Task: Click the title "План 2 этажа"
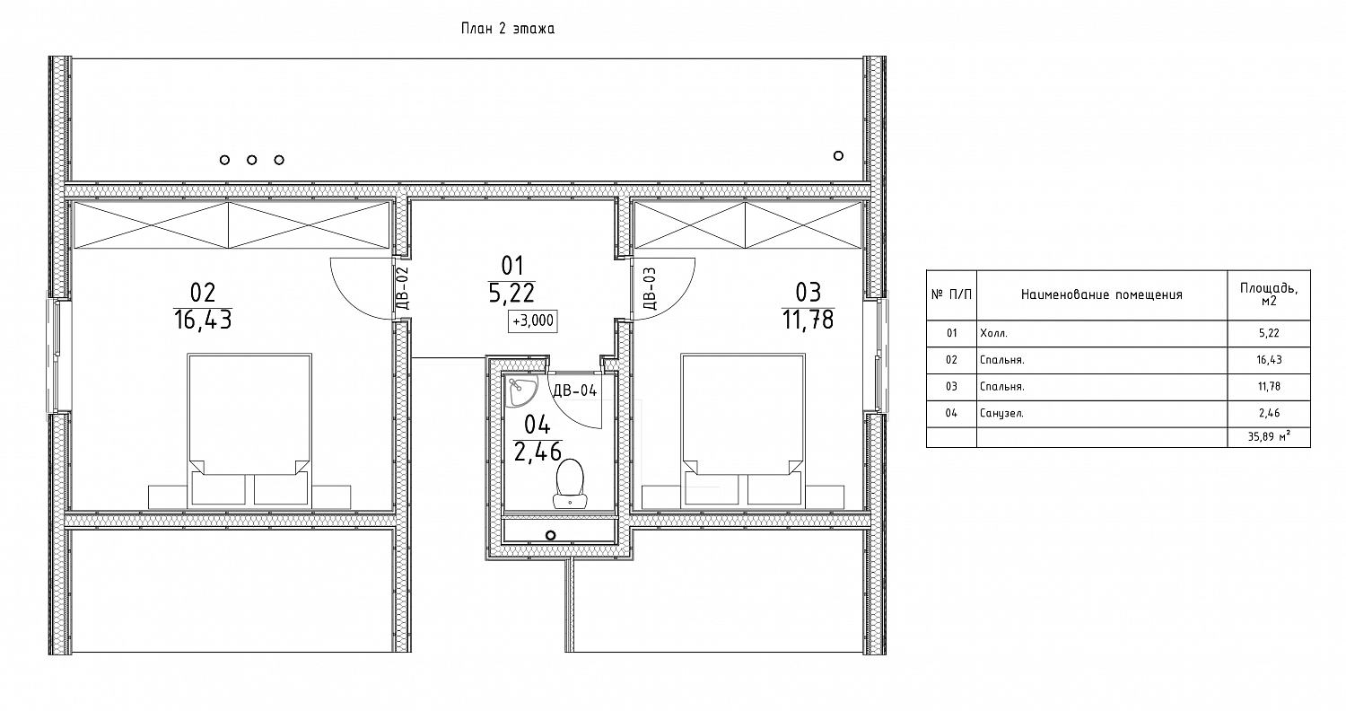click(507, 28)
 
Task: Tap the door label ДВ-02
click(403, 288)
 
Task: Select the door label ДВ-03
click(650, 288)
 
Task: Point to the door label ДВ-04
click(575, 391)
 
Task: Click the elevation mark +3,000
click(532, 321)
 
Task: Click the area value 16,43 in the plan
click(203, 320)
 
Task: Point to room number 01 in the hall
click(512, 266)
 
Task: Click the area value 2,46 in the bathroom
click(538, 452)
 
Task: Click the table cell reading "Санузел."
click(1001, 414)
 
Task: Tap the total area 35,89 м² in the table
click(1269, 437)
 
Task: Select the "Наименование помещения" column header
click(1101, 294)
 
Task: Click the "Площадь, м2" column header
click(1269, 294)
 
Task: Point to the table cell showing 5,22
click(1269, 333)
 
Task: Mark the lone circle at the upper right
click(838, 155)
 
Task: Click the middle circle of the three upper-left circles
click(252, 160)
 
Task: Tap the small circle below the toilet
click(550, 535)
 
